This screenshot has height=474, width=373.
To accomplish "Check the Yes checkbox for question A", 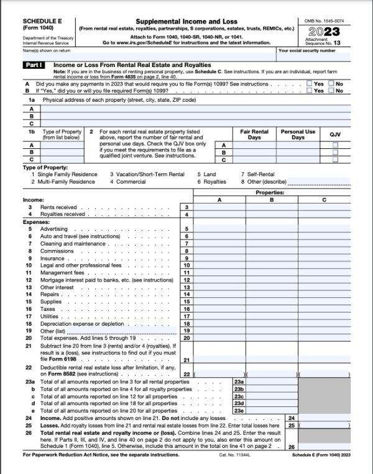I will coord(310,83).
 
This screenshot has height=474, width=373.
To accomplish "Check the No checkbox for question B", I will coord(331,91).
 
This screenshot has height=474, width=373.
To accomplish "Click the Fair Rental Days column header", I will coord(254,135).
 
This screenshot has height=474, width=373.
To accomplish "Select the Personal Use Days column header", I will coord(298,135).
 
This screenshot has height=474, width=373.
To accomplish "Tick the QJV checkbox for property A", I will coord(336,145).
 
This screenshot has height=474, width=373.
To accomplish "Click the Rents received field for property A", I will coord(219,207).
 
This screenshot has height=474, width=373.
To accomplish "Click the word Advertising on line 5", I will coord(54,229).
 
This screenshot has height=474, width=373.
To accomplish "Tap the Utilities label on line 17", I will coord(50,316).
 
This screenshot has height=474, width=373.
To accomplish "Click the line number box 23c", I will coord(239,396).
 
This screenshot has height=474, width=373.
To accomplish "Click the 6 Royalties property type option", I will coord(213,182).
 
